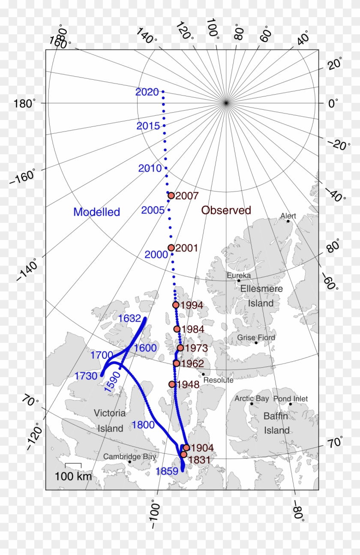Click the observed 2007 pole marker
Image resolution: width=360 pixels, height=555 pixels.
pyautogui.click(x=171, y=195)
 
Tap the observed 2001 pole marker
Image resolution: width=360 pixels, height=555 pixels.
pyautogui.click(x=171, y=248)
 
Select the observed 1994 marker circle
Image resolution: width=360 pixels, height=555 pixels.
pyautogui.click(x=176, y=305)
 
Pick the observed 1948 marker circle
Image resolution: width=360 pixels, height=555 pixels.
pyautogui.click(x=172, y=384)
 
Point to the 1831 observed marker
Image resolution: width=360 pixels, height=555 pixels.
pyautogui.click(x=184, y=454)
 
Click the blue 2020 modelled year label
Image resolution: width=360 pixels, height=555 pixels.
pyautogui.click(x=147, y=92)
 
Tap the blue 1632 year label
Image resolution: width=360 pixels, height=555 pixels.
pyautogui.click(x=129, y=318)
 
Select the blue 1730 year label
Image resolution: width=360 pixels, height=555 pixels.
pyautogui.click(x=86, y=376)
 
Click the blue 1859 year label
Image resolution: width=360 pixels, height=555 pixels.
pyautogui.click(x=167, y=471)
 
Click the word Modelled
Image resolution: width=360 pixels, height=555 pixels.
pyautogui.click(x=96, y=212)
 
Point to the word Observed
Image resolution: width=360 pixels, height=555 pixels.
pyautogui.click(x=226, y=210)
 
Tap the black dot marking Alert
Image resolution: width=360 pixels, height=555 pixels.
pyautogui.click(x=288, y=221)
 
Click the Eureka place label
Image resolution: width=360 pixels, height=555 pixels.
pyautogui.click(x=239, y=276)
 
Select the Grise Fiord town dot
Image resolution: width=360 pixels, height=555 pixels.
pyautogui.click(x=256, y=342)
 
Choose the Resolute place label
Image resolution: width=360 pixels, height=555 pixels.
pyautogui.click(x=218, y=380)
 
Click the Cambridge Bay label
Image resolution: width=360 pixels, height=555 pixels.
pyautogui.click(x=129, y=457)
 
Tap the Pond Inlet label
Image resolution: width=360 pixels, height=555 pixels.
pyautogui.click(x=290, y=399)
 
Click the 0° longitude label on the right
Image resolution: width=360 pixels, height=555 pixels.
pyautogui.click(x=333, y=103)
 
